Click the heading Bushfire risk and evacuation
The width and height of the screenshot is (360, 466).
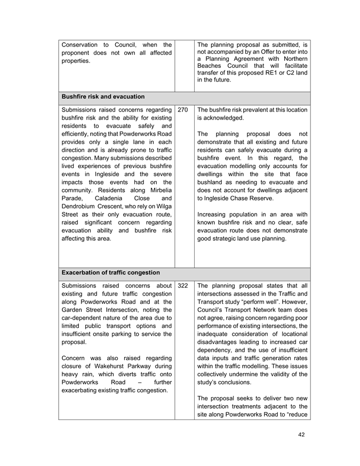click(103, 97)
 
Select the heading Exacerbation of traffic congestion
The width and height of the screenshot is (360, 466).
click(111, 273)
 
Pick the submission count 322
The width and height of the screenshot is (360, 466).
click(182, 286)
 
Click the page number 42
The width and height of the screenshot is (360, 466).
click(301, 435)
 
